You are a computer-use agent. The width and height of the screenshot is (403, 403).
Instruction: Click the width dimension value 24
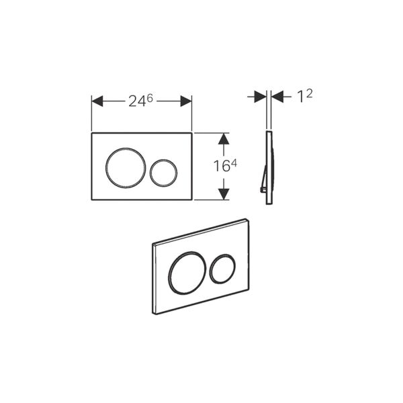coord(138,101)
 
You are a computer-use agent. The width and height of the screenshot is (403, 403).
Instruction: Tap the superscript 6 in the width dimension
coord(150,98)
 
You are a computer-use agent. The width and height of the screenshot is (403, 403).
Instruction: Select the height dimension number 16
coord(222,166)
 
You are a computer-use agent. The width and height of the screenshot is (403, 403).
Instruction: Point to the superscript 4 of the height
coord(233,163)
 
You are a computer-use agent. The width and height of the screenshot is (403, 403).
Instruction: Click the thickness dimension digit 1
coord(300,97)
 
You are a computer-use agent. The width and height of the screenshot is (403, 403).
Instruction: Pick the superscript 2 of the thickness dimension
coord(310,94)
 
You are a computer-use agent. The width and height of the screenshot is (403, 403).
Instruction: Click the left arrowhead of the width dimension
coord(97,101)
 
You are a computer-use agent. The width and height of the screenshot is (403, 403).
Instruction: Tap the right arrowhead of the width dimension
coord(186,101)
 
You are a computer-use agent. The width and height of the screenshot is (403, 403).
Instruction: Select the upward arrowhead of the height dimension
coord(224,138)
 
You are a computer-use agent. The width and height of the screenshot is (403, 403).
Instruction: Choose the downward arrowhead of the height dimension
coord(224,194)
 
